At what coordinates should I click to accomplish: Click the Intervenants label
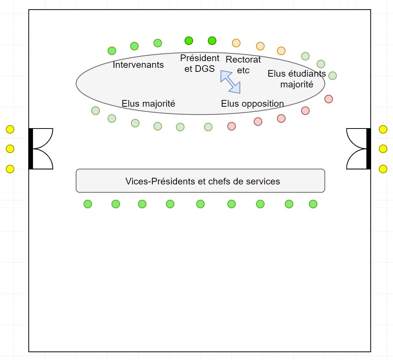click(x=138, y=65)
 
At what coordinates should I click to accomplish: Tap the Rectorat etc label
click(x=243, y=64)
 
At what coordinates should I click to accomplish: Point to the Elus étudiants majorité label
click(x=296, y=79)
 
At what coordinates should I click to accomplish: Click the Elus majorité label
click(x=148, y=104)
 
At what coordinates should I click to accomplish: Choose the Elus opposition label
click(x=252, y=104)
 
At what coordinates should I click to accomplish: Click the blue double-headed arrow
click(x=230, y=82)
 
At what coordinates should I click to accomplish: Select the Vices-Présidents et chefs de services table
click(x=200, y=181)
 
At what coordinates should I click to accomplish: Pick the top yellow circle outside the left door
click(x=10, y=129)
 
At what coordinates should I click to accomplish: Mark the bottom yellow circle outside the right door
click(x=383, y=169)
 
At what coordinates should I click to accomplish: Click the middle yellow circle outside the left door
click(x=10, y=149)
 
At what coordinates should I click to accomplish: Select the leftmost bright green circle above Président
click(x=189, y=40)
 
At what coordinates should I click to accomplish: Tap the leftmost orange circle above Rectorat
click(x=236, y=43)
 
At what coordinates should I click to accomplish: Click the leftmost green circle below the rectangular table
click(x=88, y=204)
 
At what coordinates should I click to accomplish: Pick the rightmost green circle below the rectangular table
click(x=313, y=204)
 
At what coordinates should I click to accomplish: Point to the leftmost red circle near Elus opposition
click(x=232, y=126)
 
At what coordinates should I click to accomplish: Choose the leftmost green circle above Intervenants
click(x=112, y=51)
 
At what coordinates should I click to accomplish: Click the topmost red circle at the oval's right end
click(x=329, y=99)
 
